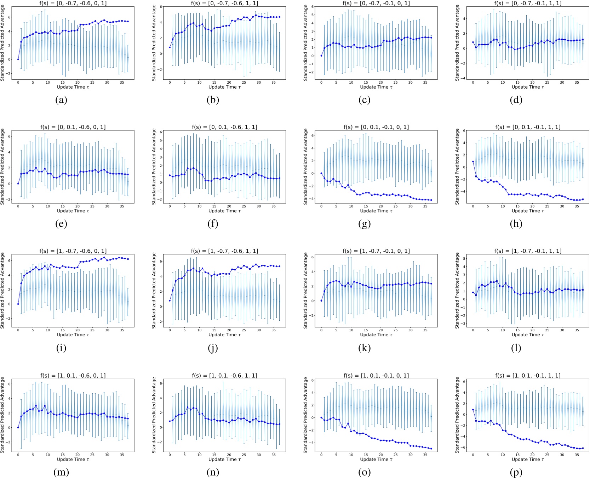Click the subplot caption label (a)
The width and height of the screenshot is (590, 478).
click(61, 100)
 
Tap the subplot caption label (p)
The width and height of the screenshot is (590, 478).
click(516, 472)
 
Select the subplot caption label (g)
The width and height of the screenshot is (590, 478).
click(364, 224)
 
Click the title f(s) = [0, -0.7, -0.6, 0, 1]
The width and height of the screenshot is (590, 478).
click(73, 3)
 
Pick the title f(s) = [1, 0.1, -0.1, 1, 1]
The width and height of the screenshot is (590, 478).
click(527, 376)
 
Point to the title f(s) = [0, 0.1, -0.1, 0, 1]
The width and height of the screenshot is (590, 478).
click(376, 127)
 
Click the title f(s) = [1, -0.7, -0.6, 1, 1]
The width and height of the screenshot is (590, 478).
click(224, 251)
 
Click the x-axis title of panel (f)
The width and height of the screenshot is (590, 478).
click(224, 211)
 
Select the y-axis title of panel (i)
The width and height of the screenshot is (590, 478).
click(3, 290)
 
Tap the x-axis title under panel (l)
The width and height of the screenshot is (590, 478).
click(527, 334)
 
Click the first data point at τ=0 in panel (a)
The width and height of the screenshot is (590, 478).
click(18, 59)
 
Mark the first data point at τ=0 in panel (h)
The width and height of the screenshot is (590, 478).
click(473, 162)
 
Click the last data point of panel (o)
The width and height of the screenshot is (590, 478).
click(431, 449)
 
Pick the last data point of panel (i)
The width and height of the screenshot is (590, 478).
click(128, 259)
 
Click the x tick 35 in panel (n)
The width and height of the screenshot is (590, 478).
click(273, 455)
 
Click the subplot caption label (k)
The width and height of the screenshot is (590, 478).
click(364, 348)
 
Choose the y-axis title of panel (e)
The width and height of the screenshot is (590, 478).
click(3, 167)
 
